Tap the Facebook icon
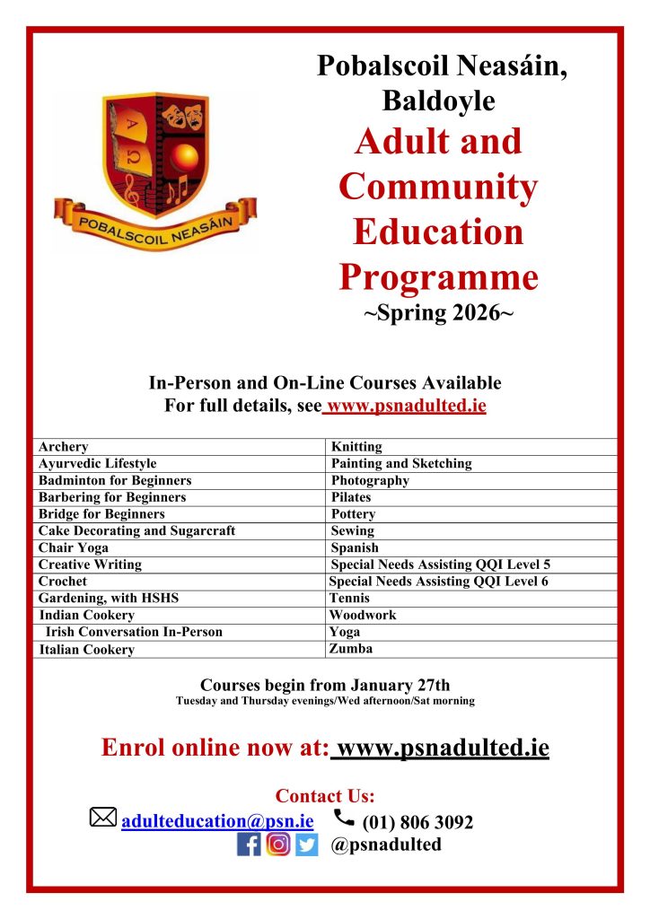pos(249,845)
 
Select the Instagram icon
pos(278,845)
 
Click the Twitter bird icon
pos(307,845)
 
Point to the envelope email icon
pos(103,818)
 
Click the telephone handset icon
pos(343,817)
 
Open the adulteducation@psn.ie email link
pos(217,820)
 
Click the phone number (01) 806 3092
pos(417,822)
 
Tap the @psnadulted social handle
pos(386,845)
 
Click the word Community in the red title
pos(438,188)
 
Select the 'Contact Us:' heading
pos(325,796)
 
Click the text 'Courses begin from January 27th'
pos(325,685)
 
